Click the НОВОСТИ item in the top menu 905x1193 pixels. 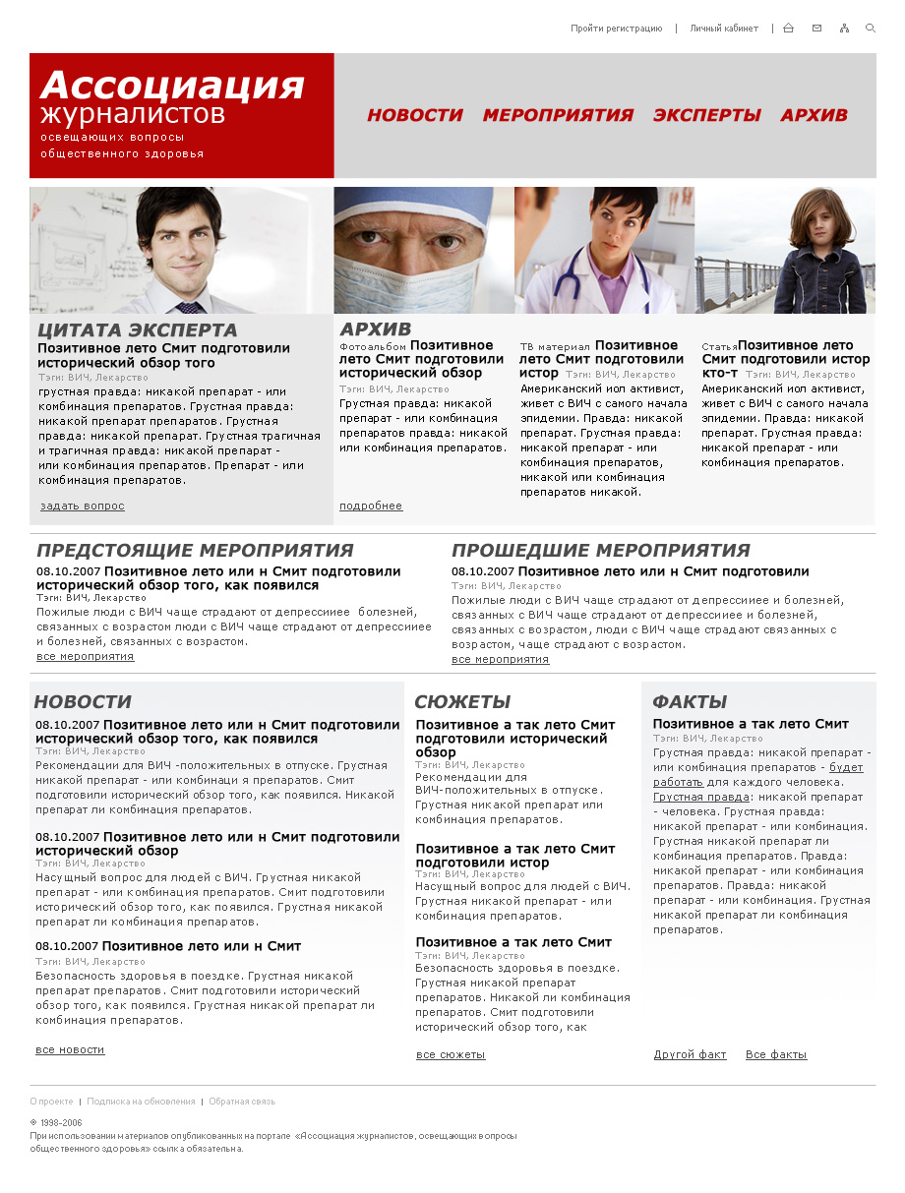point(414,115)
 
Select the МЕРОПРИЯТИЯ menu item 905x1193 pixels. point(558,115)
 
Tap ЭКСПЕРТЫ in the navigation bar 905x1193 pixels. point(706,115)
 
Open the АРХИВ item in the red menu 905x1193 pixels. point(814,115)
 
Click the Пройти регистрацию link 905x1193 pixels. point(616,29)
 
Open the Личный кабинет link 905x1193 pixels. point(723,29)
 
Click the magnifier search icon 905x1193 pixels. point(871,29)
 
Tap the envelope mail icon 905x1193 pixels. point(816,29)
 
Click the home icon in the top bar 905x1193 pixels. point(788,29)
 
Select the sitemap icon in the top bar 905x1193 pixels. point(844,29)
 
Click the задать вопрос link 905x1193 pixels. point(83,506)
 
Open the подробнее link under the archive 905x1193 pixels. point(371,506)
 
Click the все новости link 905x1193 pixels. point(70,1049)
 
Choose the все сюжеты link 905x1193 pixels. point(451,1054)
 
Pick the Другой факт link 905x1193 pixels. point(690,1054)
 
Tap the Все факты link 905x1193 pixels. point(776,1054)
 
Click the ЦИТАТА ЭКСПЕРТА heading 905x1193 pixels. point(138,330)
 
